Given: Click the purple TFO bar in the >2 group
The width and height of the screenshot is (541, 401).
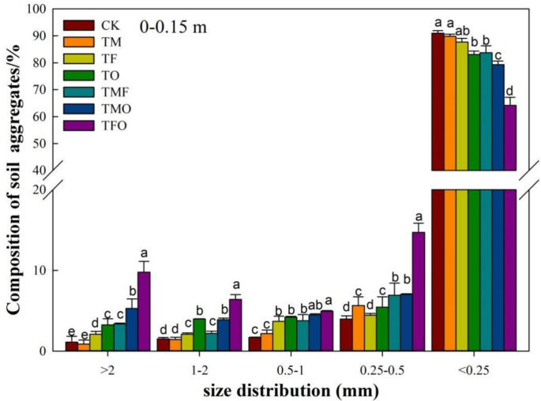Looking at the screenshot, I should (144, 312).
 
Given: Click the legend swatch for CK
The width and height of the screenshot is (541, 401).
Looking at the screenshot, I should (75, 24).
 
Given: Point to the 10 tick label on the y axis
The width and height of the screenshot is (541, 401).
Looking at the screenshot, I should (45, 271).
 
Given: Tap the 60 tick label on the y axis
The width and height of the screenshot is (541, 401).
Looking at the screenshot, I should (45, 117).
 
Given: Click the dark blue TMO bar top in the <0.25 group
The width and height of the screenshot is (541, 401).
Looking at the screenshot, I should (498, 66).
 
